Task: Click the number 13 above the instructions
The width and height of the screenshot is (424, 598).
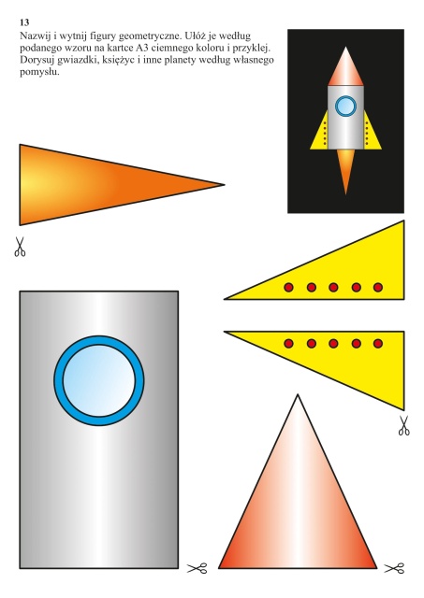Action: click(24, 22)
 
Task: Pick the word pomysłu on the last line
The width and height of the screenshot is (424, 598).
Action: click(38, 72)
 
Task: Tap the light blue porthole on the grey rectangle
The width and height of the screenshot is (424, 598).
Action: click(99, 380)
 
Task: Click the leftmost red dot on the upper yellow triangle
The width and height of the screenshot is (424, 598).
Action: click(289, 287)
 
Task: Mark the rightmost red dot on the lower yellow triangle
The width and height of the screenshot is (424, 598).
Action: click(378, 344)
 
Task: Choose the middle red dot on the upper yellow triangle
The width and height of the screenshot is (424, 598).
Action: click(333, 287)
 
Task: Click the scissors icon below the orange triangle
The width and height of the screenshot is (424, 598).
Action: click(20, 247)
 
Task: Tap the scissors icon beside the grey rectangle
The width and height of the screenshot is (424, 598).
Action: click(197, 568)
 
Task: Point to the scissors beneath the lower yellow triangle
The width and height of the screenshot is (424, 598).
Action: click(404, 426)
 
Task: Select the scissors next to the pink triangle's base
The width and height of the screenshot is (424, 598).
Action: click(394, 568)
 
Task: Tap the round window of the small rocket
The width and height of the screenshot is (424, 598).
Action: click(346, 106)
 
